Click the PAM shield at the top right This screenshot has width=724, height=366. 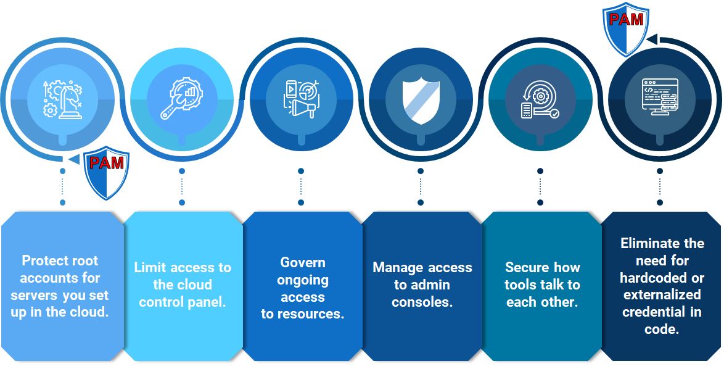(x=626, y=29)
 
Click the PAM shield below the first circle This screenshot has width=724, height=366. (x=106, y=173)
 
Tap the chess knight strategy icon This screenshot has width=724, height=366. (x=62, y=99)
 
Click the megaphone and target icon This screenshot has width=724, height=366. (x=301, y=99)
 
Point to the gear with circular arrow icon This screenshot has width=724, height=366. (x=540, y=102)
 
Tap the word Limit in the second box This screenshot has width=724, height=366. (x=150, y=268)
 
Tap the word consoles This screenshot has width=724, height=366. (x=422, y=302)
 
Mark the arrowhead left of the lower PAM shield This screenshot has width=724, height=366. (x=74, y=159)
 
